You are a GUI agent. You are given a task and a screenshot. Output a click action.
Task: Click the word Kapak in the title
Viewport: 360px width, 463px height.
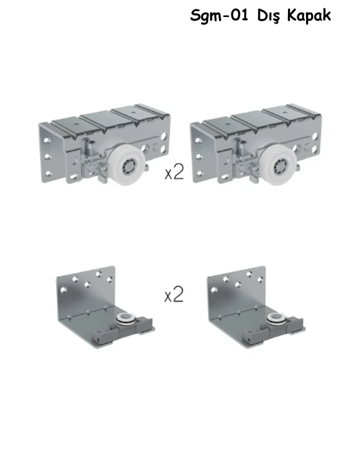(309, 15)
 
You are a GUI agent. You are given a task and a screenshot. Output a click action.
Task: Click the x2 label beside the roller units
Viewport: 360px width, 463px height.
(174, 173)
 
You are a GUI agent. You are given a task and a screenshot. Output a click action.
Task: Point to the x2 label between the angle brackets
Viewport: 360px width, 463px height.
(174, 295)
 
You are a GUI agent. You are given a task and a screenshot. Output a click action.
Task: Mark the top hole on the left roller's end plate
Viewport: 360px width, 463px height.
(46, 140)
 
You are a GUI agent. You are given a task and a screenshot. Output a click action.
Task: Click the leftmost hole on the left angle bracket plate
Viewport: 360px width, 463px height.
(63, 291)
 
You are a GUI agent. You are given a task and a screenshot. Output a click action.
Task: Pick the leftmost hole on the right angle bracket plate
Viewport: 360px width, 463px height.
(213, 291)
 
